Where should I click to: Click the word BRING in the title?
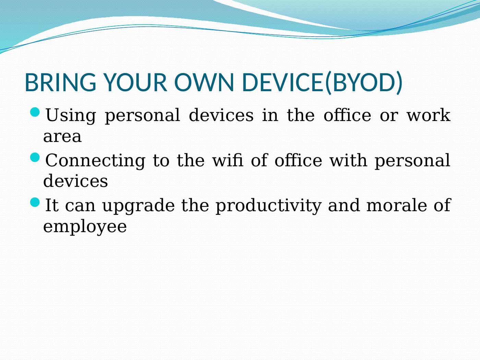click(x=61, y=82)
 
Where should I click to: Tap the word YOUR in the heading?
click(x=135, y=82)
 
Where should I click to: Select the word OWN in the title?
click(x=204, y=82)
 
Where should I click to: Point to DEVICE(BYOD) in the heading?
click(x=322, y=83)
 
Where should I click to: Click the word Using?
click(x=71, y=116)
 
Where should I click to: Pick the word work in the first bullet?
click(x=428, y=115)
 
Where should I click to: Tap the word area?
click(x=62, y=136)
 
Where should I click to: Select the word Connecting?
click(x=95, y=161)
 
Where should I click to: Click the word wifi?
click(x=228, y=160)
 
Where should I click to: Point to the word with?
click(x=348, y=160)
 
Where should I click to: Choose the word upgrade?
click(x=139, y=206)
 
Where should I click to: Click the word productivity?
click(x=268, y=206)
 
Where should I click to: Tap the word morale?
click(x=397, y=205)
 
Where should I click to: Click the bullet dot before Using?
click(x=35, y=112)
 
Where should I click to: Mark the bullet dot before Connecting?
click(x=35, y=157)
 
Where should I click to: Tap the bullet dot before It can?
click(x=35, y=202)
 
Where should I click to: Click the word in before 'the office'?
click(x=270, y=115)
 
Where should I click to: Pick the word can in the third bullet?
click(x=80, y=206)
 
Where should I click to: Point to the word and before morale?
click(x=344, y=205)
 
